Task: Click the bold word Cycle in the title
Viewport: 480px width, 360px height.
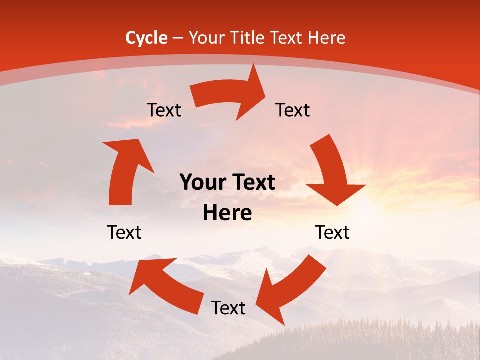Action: [x=146, y=38]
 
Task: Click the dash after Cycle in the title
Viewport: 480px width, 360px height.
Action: [x=177, y=38]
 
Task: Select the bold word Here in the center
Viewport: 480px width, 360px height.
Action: [x=227, y=213]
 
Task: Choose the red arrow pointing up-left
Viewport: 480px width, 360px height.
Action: [x=165, y=282]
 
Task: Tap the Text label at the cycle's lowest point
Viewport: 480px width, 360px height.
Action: [x=228, y=308]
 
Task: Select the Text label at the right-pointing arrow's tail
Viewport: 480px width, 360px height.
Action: [x=164, y=110]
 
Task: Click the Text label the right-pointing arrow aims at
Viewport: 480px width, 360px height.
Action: [x=293, y=110]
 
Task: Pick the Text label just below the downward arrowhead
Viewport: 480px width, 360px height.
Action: [x=332, y=232]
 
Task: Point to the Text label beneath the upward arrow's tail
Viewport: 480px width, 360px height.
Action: [x=124, y=232]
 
